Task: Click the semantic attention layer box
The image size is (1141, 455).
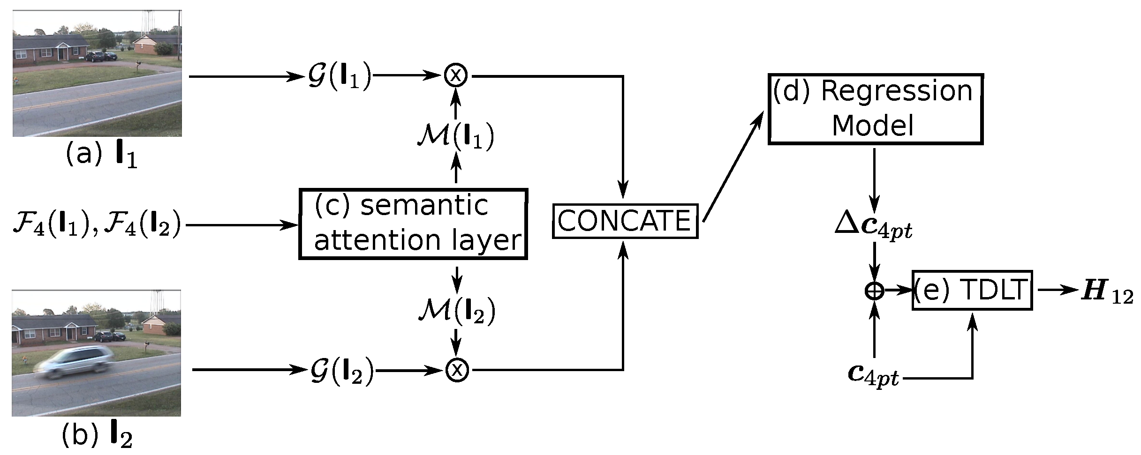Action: pos(413,224)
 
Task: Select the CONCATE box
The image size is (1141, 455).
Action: pos(625,221)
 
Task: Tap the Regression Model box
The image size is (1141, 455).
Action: pos(875,109)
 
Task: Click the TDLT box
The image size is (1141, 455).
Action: pos(972,290)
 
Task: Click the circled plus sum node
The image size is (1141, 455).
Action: pos(874,291)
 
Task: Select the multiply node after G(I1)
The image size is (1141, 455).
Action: pos(456,75)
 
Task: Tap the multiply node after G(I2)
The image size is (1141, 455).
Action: pos(457,370)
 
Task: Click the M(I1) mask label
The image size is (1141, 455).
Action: pos(456,136)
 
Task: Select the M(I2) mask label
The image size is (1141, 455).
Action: pos(457,311)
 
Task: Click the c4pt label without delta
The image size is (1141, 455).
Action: pos(874,374)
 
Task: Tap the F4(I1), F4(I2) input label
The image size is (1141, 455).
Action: pos(96,224)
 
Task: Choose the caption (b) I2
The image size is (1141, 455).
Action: pos(97,435)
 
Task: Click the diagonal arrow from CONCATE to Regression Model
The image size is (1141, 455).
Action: pos(733,168)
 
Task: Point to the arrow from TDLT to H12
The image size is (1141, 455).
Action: pos(1057,290)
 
